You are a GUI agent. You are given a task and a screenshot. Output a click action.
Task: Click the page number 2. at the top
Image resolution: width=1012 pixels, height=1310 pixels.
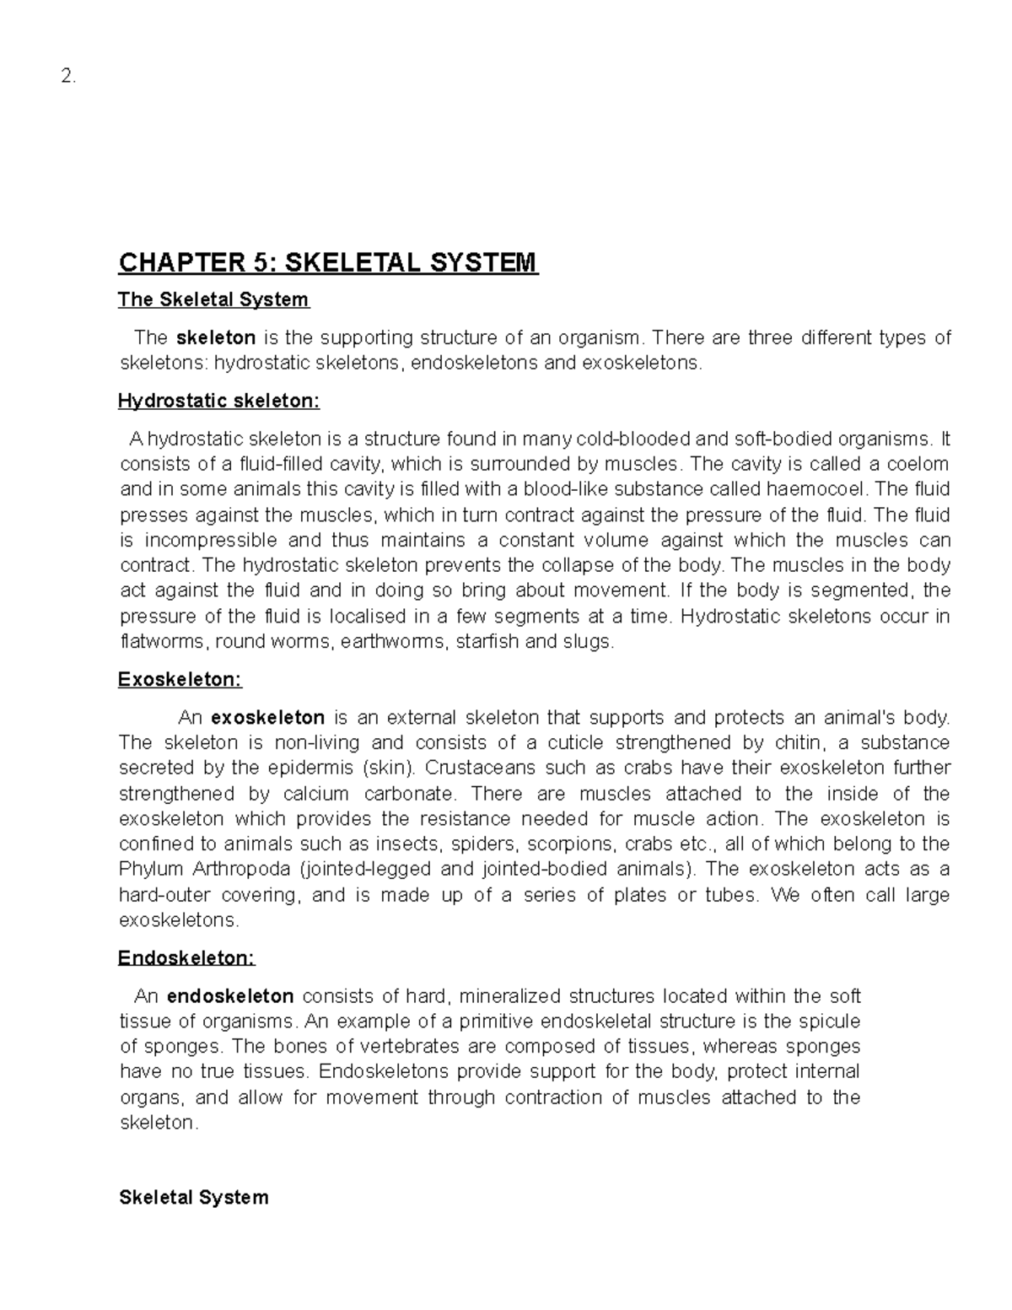[68, 77]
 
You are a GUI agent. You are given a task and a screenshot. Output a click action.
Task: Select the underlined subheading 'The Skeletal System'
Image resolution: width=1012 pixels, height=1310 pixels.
[214, 299]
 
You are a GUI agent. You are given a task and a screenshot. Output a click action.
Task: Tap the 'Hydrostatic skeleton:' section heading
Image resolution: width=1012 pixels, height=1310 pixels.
[219, 402]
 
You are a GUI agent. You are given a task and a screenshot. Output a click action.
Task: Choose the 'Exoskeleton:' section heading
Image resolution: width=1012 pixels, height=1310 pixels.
[180, 680]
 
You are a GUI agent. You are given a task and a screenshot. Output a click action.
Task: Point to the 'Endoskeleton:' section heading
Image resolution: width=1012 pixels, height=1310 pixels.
[186, 958]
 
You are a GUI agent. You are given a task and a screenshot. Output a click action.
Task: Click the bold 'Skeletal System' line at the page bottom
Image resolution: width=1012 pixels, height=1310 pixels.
[194, 1198]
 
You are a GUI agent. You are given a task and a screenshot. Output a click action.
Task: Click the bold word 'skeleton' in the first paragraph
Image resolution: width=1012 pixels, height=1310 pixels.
[216, 338]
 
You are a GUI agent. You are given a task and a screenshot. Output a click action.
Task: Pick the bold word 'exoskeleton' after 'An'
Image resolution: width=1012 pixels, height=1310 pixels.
[267, 718]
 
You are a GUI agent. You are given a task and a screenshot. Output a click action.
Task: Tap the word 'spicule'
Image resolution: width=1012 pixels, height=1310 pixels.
[826, 1022]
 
